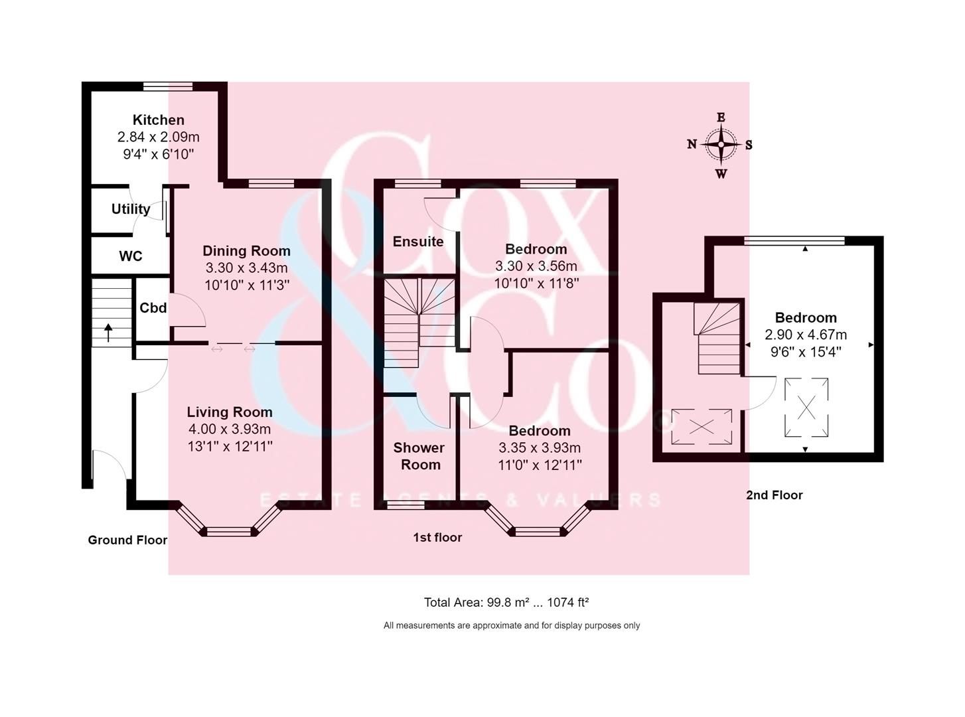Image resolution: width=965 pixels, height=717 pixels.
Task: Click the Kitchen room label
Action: [159, 120]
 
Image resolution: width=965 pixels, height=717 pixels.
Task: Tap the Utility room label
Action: [131, 209]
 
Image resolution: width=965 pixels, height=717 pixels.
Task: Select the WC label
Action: [131, 256]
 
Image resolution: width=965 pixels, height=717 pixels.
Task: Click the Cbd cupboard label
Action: [153, 308]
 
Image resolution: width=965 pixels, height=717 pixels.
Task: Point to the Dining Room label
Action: [246, 251]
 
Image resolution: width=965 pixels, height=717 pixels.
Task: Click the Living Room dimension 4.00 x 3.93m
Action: [230, 430]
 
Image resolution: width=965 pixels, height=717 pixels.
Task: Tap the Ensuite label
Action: [418, 242]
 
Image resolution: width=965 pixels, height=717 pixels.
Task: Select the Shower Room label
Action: [419, 456]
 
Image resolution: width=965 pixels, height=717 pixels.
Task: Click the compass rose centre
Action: [721, 145]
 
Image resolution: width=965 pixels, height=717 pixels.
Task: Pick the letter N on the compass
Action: [692, 144]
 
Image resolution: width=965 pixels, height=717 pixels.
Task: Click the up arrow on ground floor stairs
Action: [108, 332]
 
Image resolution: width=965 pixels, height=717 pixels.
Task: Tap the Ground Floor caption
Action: [127, 540]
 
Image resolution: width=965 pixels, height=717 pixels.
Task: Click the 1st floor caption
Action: [437, 538]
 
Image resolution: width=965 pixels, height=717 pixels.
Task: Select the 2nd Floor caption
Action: [775, 495]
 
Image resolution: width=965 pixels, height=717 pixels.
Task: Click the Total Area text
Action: [506, 603]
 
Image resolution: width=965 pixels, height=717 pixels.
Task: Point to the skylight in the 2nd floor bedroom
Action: [806, 408]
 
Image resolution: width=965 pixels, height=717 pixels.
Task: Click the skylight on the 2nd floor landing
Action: [702, 427]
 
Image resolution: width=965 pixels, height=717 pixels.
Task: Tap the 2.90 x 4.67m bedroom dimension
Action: [806, 335]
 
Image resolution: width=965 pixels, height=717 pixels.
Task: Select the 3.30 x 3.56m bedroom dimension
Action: [536, 266]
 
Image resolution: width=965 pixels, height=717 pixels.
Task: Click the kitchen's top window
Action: [168, 86]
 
